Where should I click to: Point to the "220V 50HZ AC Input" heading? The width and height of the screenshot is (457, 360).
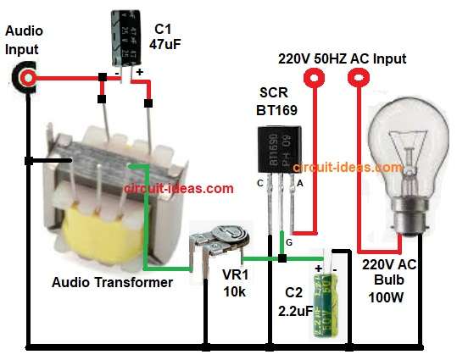click(x=343, y=59)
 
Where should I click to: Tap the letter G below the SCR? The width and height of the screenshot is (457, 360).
click(x=290, y=243)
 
